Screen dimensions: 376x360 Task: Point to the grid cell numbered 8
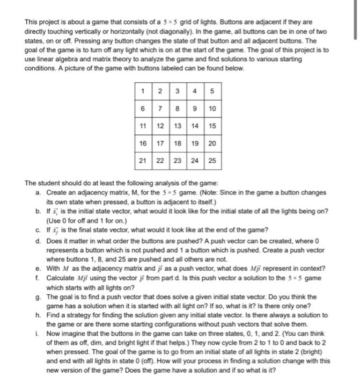[x=179, y=109]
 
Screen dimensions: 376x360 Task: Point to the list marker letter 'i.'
[x=35, y=332]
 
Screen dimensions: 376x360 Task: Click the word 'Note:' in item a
[x=196, y=192]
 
